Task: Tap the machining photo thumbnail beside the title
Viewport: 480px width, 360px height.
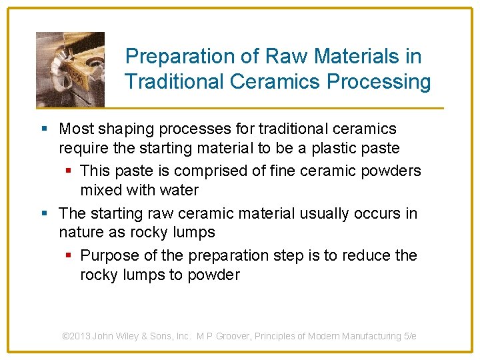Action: [x=70, y=69]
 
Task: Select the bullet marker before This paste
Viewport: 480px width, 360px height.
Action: [x=67, y=171]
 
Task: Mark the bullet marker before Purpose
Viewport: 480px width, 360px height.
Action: [x=67, y=256]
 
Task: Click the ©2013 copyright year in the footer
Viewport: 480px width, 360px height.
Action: [x=77, y=336]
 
